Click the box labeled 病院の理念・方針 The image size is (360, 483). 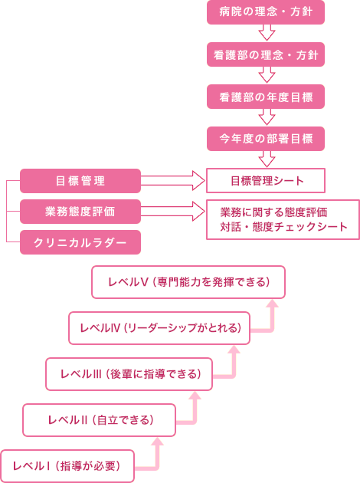coord(266,12)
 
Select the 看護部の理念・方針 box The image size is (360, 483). coord(266,54)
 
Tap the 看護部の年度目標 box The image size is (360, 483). coord(266,97)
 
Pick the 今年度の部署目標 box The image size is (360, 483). coord(266,139)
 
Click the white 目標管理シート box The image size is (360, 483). coord(266,180)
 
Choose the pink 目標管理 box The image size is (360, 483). coord(80,181)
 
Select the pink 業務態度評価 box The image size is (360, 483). coord(80,212)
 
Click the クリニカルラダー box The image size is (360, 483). coord(80,242)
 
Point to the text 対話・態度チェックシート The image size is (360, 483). coord(283,227)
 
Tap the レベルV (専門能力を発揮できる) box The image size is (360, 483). coord(188,282)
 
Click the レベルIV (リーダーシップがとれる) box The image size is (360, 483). coord(159,328)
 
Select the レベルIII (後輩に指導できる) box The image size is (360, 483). coord(129,374)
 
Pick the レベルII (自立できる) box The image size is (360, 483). coord(99,420)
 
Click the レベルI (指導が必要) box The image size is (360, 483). coord(67,466)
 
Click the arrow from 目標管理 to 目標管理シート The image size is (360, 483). coord(173,180)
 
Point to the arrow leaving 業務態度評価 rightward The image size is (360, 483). coord(173,212)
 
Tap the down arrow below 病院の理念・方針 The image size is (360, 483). coord(267,33)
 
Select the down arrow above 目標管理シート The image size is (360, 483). coord(267,159)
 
